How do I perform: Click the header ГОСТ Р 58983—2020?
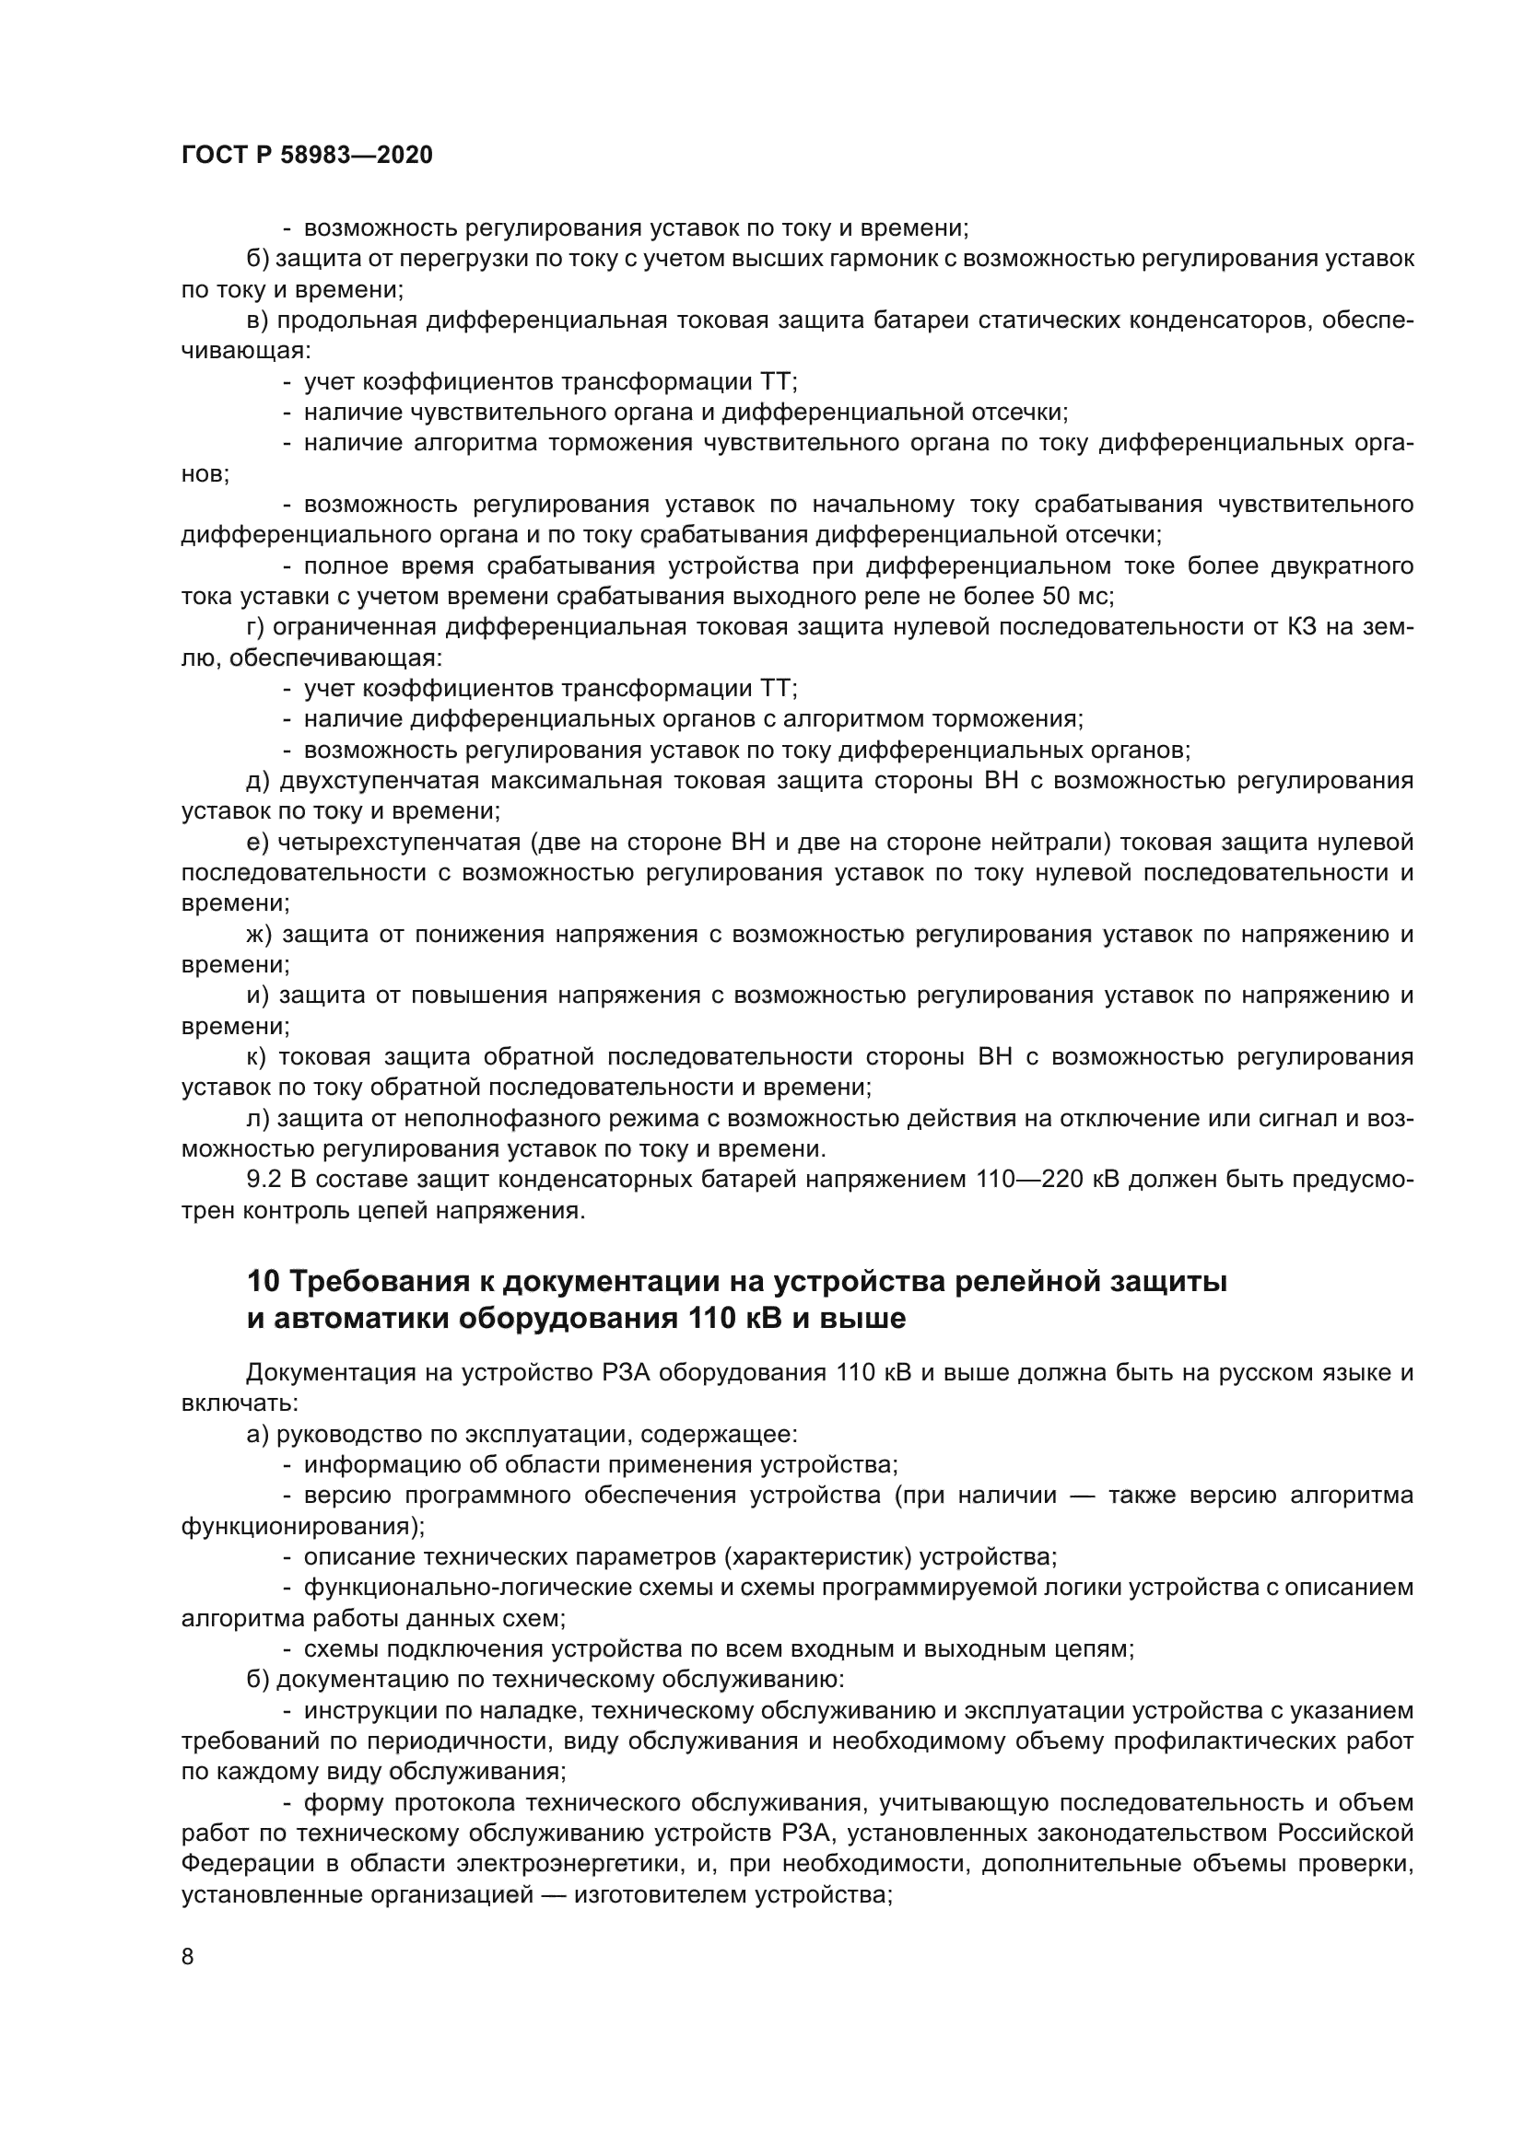(x=307, y=156)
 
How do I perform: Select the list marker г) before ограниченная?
(x=255, y=628)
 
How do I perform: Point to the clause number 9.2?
(x=263, y=1180)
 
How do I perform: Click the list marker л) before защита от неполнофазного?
(x=257, y=1118)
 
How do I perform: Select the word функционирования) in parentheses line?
(x=302, y=1526)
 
